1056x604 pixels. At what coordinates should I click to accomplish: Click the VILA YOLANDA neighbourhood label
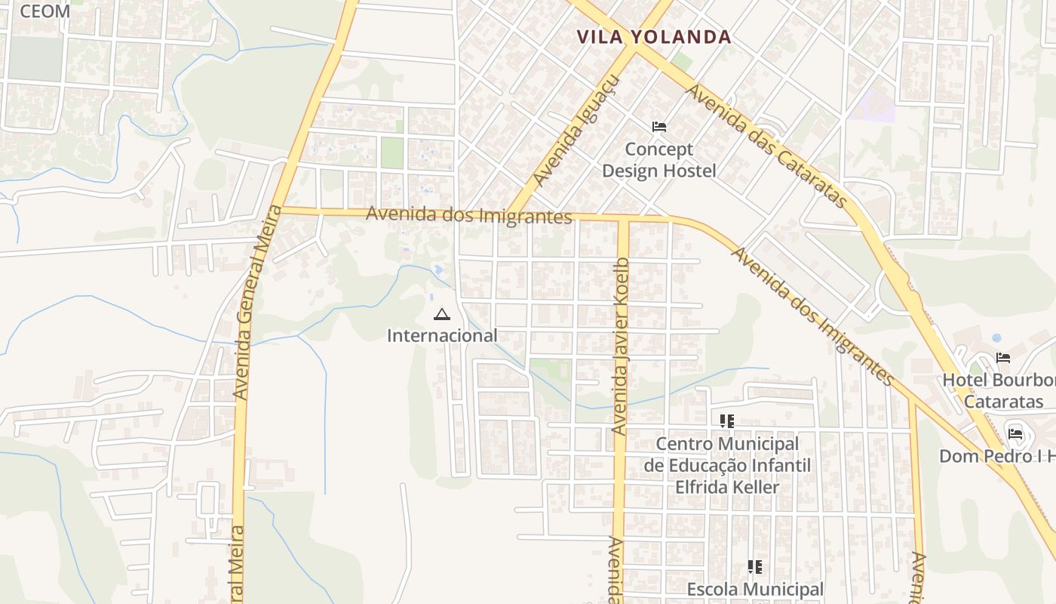(654, 36)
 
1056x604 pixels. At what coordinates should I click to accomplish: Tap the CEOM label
(45, 11)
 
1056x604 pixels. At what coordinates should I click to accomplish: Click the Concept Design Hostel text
(658, 160)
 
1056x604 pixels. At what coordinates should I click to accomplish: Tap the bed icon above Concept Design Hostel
(659, 126)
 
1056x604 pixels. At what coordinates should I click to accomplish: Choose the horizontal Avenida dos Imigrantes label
(468, 215)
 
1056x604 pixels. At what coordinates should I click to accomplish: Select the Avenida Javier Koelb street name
(620, 347)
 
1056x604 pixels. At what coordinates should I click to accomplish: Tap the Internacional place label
(442, 335)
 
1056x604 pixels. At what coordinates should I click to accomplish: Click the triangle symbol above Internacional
(442, 314)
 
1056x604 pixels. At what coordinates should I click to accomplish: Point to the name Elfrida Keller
(726, 487)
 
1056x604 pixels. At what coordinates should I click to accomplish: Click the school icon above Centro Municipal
(726, 421)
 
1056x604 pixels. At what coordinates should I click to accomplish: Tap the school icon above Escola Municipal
(754, 566)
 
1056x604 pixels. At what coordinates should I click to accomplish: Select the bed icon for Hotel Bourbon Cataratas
(1002, 358)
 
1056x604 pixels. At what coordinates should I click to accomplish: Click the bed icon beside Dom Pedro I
(1015, 433)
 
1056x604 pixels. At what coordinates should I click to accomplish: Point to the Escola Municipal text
(755, 589)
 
